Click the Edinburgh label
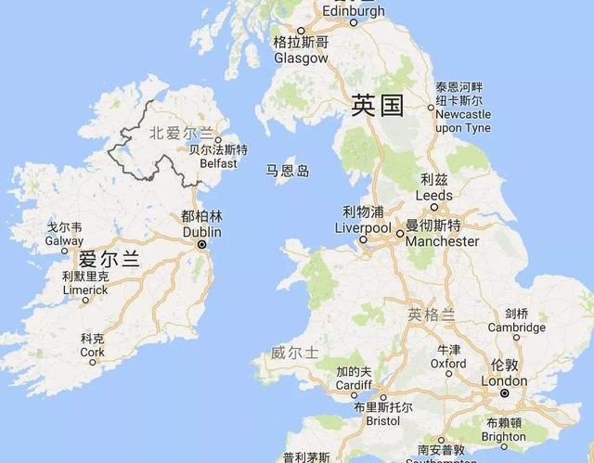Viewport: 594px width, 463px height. pos(353,11)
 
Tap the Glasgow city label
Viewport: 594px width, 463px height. pos(301,58)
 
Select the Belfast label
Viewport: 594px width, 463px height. pos(218,162)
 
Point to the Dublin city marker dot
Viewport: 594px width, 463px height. pos(201,244)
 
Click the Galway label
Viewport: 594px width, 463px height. pos(64,240)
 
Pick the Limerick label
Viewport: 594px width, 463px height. pos(84,289)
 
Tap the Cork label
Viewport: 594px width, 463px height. pos(92,352)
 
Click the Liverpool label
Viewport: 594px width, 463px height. pos(363,227)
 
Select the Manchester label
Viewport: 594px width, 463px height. pos(442,240)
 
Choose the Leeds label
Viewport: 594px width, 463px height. pos(433,196)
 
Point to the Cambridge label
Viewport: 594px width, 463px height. pos(517,327)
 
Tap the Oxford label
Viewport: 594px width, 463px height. pos(448,363)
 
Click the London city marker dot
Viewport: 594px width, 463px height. pos(504,393)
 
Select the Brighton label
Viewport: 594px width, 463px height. pos(504,435)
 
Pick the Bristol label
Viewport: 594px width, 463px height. pos(382,419)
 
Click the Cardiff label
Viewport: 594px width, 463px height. pos(354,385)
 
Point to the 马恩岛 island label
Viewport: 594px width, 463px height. pos(288,171)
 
